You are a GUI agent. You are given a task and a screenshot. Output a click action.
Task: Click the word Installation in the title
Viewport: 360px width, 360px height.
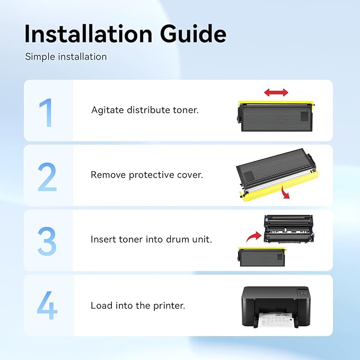(x=88, y=34)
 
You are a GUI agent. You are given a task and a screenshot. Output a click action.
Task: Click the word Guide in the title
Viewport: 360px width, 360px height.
(x=193, y=34)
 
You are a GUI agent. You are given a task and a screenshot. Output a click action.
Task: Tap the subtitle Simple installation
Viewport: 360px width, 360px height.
(x=66, y=57)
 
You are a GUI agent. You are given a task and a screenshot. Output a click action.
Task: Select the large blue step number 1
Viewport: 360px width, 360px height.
(x=46, y=112)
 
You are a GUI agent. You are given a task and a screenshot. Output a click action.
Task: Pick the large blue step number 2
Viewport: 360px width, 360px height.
(x=47, y=177)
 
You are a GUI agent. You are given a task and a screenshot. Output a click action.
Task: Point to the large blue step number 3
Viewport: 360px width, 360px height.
(x=47, y=241)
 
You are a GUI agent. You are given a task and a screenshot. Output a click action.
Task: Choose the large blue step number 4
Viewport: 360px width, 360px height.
(x=47, y=305)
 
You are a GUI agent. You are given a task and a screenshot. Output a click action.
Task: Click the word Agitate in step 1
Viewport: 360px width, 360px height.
(x=108, y=110)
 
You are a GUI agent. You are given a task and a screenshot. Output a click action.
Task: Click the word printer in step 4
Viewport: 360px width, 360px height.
(x=169, y=306)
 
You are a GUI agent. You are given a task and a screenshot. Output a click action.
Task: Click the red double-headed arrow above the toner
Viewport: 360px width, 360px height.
(x=276, y=93)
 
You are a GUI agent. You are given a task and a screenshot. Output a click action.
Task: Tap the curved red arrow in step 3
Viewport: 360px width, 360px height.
(x=253, y=236)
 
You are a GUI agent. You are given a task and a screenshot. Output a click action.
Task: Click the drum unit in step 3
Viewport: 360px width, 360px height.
(x=289, y=229)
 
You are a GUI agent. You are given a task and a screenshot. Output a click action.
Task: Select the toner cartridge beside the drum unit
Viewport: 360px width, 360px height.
(x=262, y=257)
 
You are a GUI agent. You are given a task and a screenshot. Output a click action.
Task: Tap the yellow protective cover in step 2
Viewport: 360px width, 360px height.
(x=279, y=186)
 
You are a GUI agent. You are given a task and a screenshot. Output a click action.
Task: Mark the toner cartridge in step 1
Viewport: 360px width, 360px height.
(x=276, y=116)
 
